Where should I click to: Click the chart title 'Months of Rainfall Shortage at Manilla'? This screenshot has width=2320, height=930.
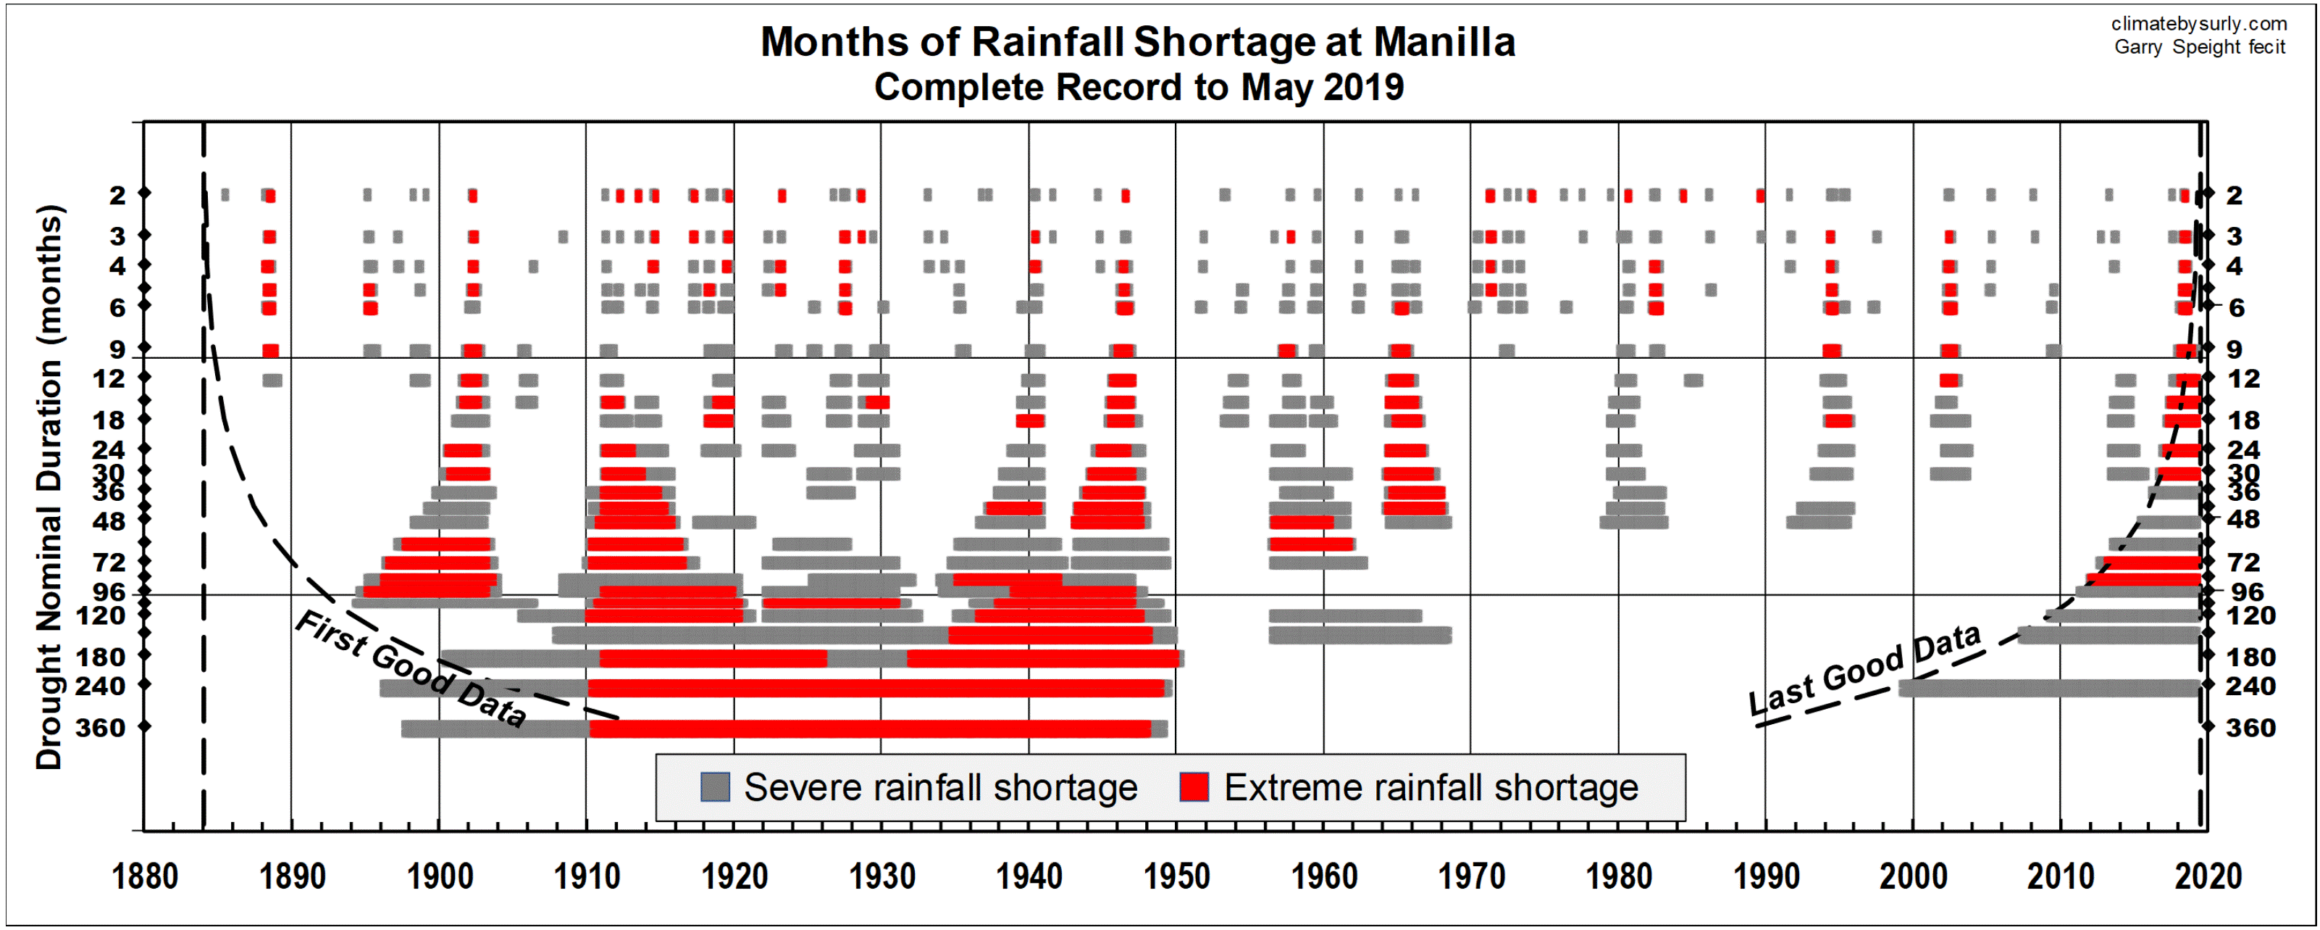point(1137,42)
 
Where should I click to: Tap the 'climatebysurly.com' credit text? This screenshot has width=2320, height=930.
point(2198,23)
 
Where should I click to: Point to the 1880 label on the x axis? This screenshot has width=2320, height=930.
point(144,876)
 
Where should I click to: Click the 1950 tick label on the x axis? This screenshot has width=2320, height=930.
point(1176,876)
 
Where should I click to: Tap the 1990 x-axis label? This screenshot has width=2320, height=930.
point(1766,876)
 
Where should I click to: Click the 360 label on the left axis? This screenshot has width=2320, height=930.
point(101,727)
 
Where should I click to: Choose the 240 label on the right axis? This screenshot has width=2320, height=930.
point(2250,686)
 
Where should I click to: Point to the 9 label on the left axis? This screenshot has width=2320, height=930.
point(117,349)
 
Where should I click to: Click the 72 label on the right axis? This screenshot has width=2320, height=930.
point(2243,562)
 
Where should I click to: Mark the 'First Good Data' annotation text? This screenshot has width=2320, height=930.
point(411,668)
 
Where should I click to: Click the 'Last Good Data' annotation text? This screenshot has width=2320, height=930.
point(1864,670)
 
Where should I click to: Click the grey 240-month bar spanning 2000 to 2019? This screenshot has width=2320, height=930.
point(2049,689)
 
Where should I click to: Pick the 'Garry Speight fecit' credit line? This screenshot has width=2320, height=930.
point(2199,47)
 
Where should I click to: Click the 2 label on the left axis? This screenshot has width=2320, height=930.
point(117,196)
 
